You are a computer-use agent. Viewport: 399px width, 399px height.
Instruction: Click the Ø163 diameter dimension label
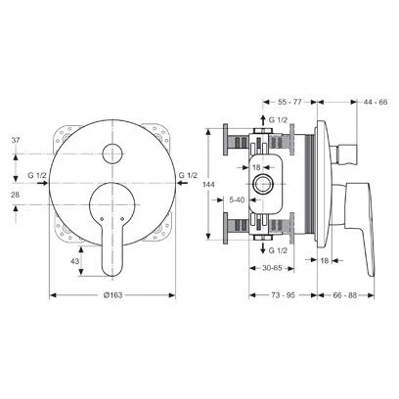coord(112,295)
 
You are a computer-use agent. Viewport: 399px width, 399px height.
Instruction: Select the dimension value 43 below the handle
coord(75,261)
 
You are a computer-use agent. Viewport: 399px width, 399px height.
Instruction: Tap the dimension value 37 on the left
coord(16,141)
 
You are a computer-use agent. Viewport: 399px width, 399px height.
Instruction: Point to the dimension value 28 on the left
coord(16,195)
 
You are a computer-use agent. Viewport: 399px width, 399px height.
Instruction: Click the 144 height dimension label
coord(208,185)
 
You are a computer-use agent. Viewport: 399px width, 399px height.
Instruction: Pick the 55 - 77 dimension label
coord(289,102)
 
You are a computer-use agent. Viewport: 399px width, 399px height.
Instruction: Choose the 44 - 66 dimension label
coord(376,102)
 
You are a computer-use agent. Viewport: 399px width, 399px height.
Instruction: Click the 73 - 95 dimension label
coord(283,295)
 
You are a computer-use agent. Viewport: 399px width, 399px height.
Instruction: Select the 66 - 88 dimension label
coord(345,295)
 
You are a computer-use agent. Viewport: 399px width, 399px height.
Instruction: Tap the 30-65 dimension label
coord(272,268)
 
